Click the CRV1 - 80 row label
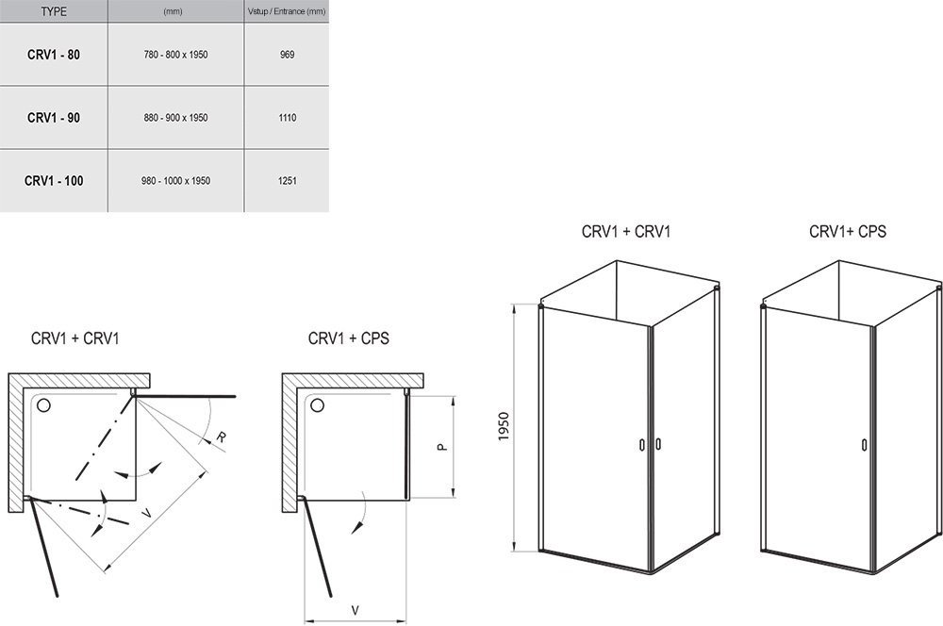(54, 56)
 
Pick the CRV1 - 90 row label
(54, 118)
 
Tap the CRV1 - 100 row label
(54, 180)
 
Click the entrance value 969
(288, 56)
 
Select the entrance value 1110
(288, 118)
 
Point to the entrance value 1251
(288, 180)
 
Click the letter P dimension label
(440, 445)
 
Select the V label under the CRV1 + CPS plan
(355, 609)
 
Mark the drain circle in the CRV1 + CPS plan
(318, 406)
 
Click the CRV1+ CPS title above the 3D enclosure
(847, 231)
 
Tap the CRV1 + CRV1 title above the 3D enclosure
(626, 231)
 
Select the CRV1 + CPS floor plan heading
(348, 338)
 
